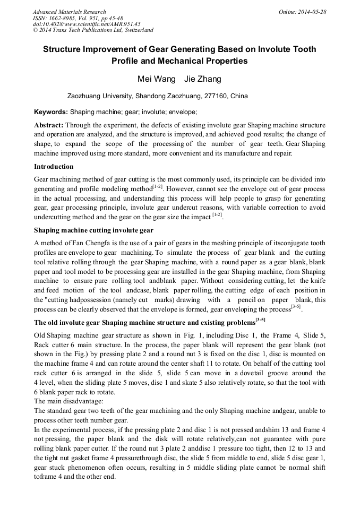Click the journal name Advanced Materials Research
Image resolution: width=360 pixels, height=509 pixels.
(69, 12)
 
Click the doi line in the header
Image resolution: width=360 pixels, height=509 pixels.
(87, 24)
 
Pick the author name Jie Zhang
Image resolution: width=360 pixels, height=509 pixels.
(203, 80)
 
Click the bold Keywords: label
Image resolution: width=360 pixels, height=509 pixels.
(51, 113)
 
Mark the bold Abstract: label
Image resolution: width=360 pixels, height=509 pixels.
(49, 125)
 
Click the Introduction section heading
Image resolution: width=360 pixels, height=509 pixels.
(54, 167)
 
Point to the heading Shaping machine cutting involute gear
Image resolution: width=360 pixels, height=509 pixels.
(93, 230)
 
